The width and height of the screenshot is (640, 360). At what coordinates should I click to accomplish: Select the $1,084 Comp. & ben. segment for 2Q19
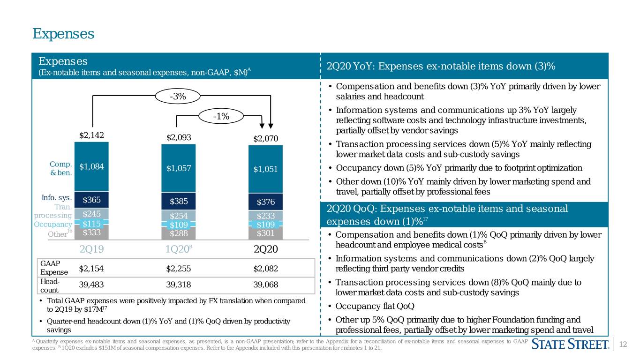tap(91, 166)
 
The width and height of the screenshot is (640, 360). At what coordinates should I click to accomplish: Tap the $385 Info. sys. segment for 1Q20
tap(179, 201)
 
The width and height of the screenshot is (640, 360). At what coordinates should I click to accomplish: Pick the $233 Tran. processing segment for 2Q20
tap(265, 216)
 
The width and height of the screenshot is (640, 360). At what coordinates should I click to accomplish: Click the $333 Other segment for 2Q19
tap(91, 232)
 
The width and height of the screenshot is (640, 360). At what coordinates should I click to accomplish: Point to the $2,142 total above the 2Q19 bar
tap(91, 135)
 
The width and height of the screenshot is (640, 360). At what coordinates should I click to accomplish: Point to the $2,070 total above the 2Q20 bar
tap(265, 139)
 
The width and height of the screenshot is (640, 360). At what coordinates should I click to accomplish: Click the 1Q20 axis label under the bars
tap(179, 249)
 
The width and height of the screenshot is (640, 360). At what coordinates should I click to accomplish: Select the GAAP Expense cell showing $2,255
tap(178, 269)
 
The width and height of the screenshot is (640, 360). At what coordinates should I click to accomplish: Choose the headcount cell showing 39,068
tap(265, 285)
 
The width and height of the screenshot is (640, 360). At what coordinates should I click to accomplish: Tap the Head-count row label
tap(50, 286)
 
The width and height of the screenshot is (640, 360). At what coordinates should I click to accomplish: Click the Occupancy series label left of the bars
tap(53, 224)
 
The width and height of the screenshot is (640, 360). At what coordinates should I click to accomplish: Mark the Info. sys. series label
tap(57, 197)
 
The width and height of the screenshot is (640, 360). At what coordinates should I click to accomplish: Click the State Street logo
tap(570, 344)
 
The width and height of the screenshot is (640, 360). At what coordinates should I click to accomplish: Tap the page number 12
tap(623, 344)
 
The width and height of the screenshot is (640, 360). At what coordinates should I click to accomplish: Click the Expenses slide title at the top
tap(63, 34)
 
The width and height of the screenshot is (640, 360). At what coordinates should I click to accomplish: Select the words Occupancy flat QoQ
tap(375, 306)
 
